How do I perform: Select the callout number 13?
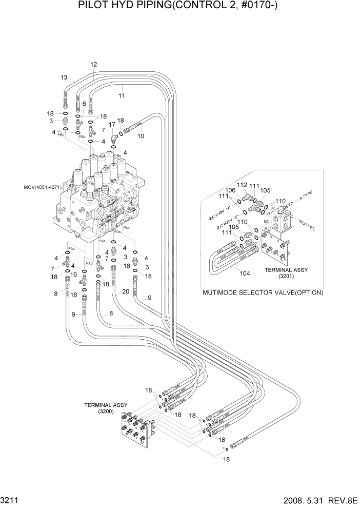point(64,77)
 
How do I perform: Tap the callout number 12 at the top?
point(94,65)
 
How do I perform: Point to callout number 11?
point(122,95)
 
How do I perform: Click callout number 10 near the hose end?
point(141,136)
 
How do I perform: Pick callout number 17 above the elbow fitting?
point(111,124)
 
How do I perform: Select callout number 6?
point(84,104)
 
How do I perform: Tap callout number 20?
point(125,292)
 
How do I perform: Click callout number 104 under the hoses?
point(245,273)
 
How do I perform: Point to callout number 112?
point(242,185)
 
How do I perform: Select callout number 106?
point(231,190)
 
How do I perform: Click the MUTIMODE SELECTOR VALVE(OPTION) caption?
point(263,293)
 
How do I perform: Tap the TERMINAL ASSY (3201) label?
point(285,272)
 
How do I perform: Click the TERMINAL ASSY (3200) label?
point(106,408)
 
